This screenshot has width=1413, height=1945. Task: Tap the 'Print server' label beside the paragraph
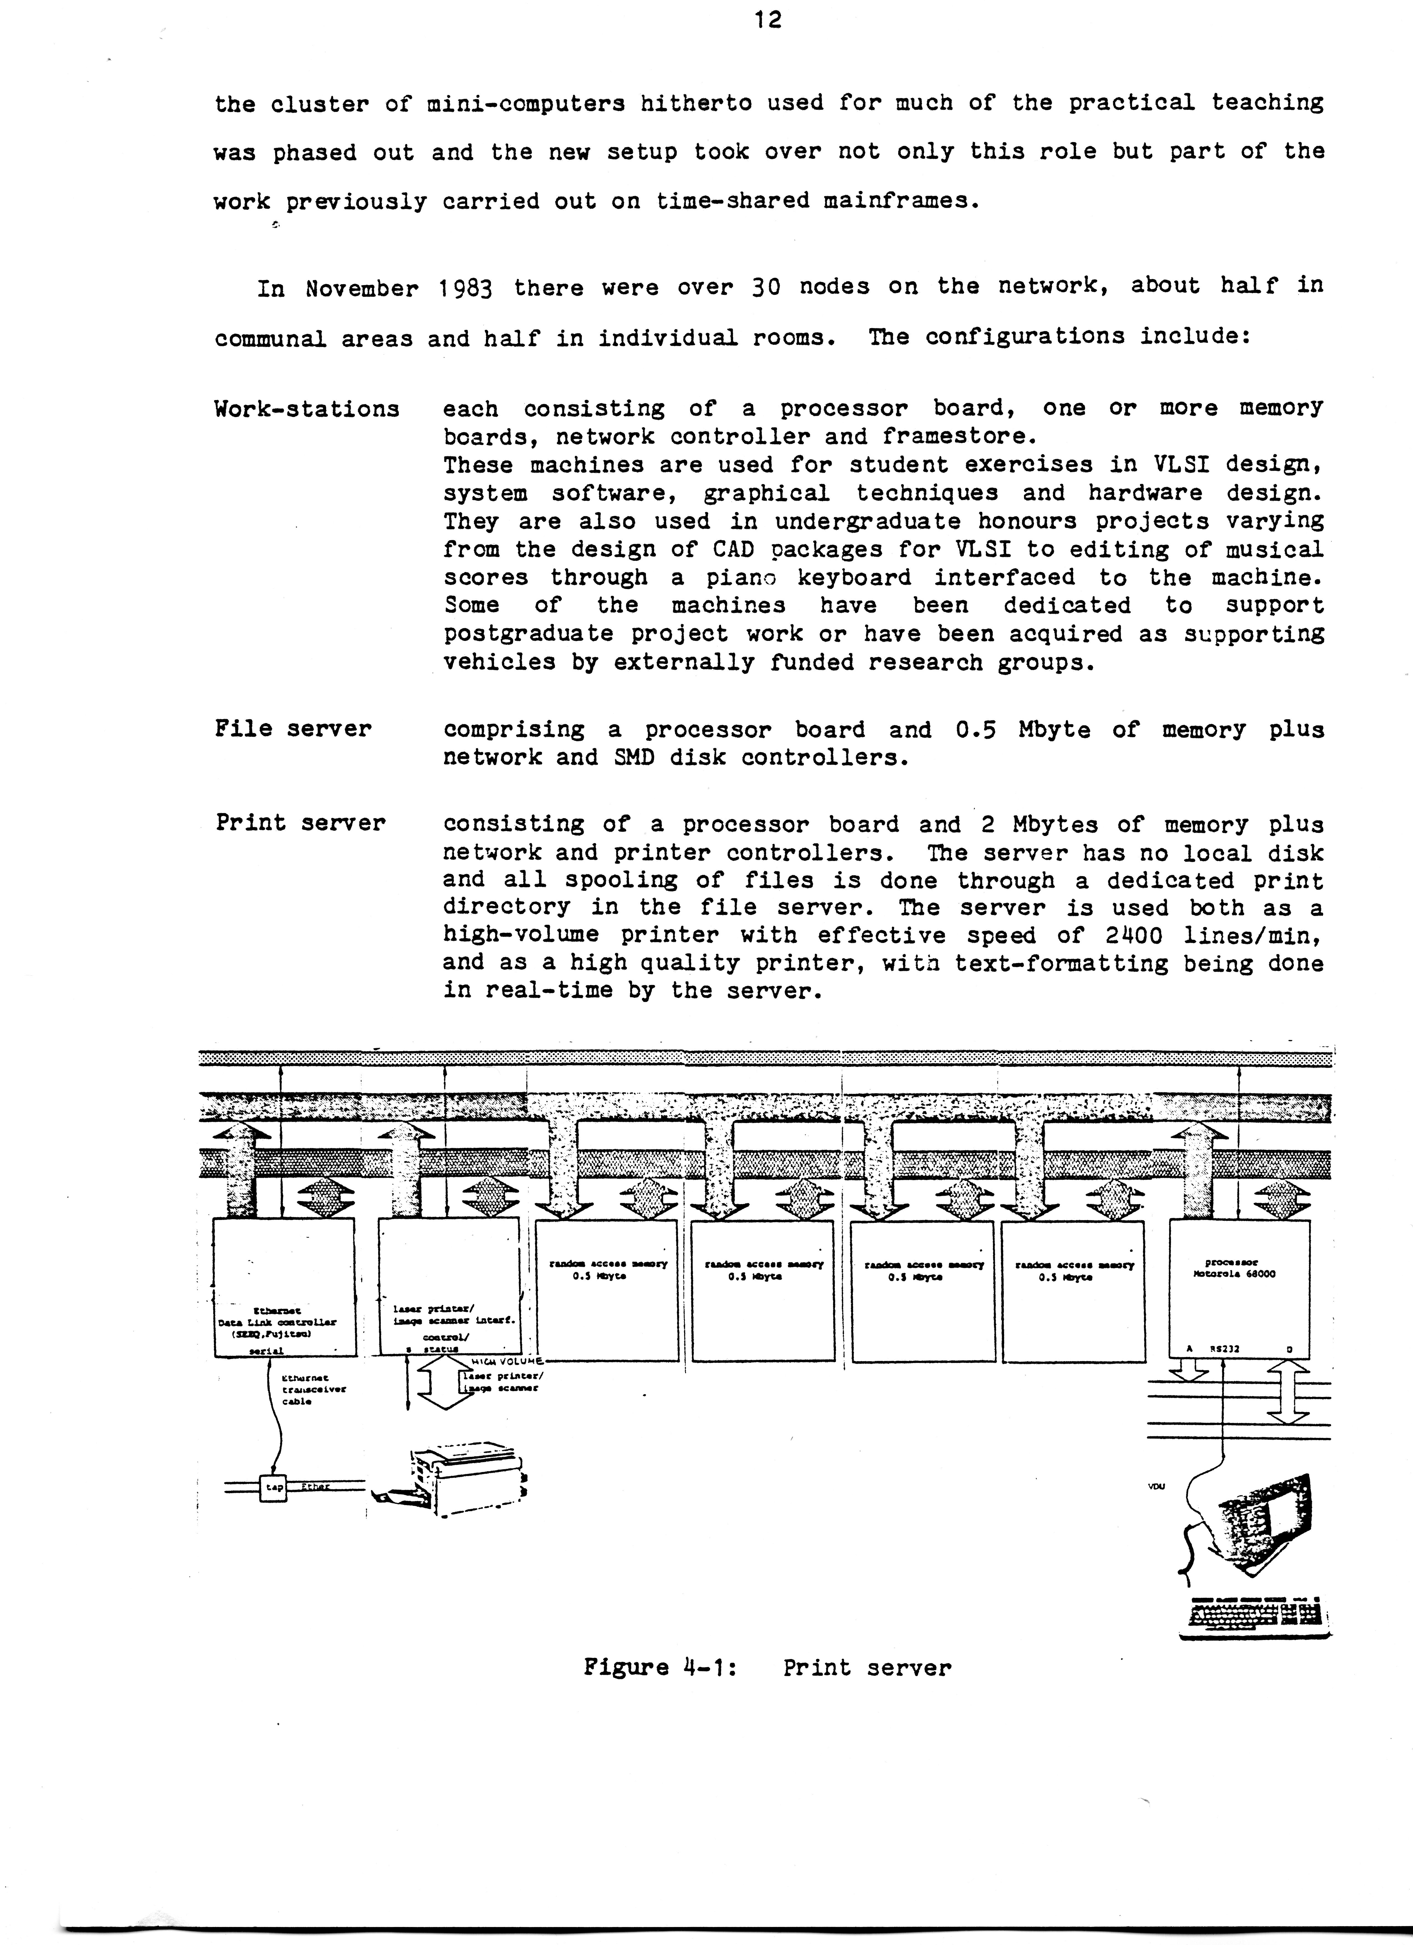click(x=300, y=823)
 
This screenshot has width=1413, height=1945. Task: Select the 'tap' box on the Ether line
click(x=274, y=1488)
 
